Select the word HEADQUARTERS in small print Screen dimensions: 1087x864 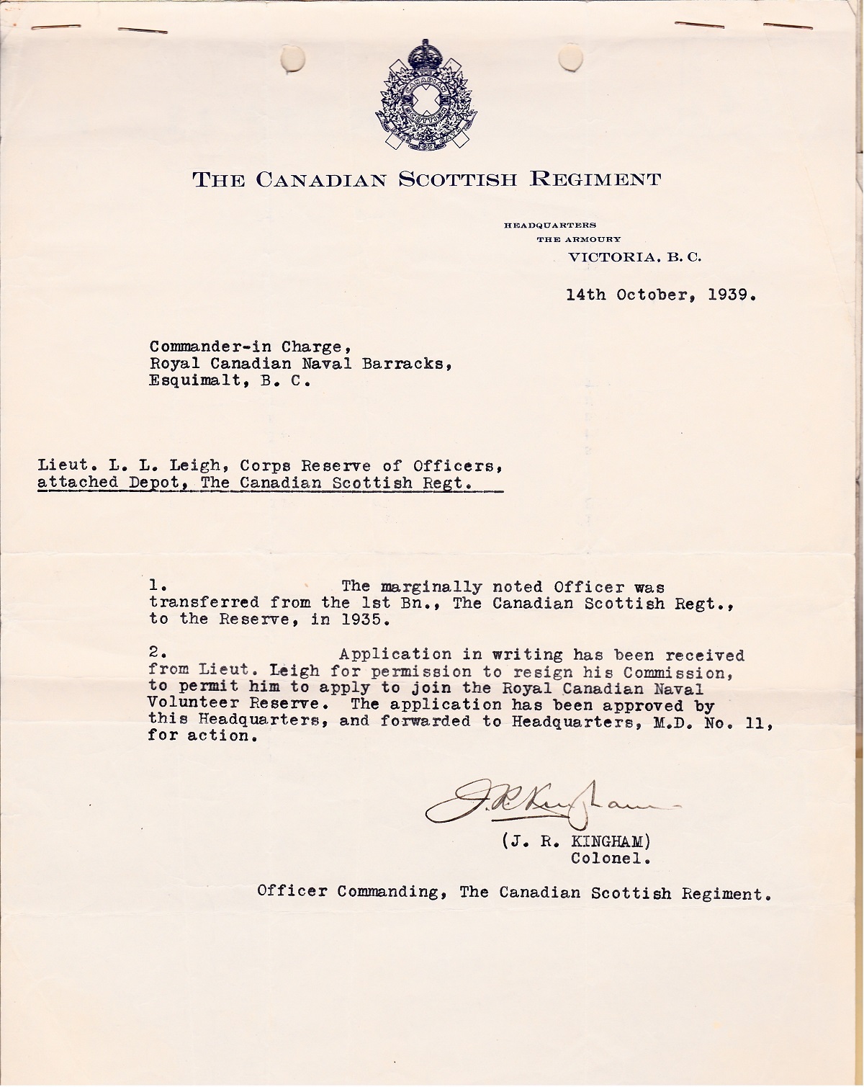[x=550, y=225]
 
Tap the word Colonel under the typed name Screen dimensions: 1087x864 [x=611, y=859]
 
